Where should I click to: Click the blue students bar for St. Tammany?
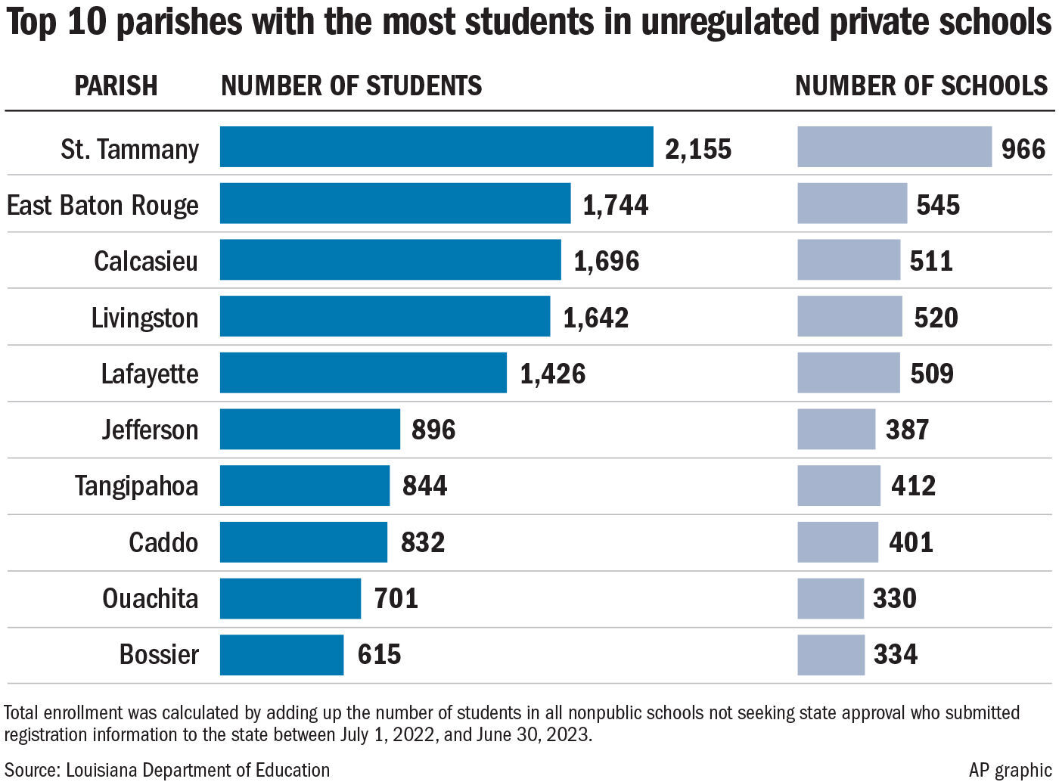436,147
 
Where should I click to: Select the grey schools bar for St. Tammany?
894,147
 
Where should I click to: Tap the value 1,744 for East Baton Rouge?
615,205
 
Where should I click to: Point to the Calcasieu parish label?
145,261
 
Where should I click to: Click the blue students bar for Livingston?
385,316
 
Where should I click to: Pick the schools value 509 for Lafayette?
931,373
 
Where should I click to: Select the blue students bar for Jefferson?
310,429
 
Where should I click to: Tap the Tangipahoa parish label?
136,486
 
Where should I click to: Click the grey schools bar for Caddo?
837,542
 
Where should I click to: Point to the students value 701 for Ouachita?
396,598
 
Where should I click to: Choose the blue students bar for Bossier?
281,654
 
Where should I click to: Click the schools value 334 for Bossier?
895,654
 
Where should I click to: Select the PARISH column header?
116,85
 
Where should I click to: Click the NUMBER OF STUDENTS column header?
351,85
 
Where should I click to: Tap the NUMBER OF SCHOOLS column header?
921,85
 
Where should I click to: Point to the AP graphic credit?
1010,770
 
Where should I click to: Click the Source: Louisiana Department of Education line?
167,770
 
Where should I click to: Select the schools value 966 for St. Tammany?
1023,148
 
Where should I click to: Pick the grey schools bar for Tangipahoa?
838,486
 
